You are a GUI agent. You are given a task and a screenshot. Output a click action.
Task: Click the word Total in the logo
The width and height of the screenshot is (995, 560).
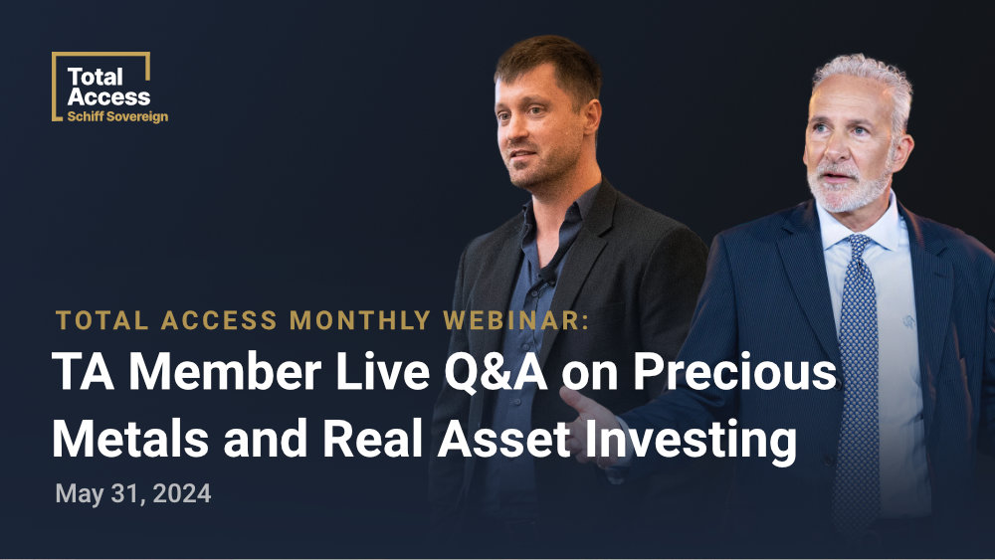95,78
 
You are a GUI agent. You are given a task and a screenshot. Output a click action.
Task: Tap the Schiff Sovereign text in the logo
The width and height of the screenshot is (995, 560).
117,116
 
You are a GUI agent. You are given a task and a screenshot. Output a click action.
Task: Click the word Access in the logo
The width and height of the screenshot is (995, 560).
108,97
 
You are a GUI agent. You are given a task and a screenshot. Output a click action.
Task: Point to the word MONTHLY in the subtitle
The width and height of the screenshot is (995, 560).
360,320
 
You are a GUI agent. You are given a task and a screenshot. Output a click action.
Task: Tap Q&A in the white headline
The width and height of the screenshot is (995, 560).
496,372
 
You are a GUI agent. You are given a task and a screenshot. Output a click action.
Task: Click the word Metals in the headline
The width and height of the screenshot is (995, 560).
130,439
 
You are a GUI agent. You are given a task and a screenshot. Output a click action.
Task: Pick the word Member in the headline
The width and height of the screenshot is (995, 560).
225,372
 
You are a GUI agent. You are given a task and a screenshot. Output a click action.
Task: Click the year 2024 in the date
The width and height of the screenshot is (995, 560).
182,493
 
